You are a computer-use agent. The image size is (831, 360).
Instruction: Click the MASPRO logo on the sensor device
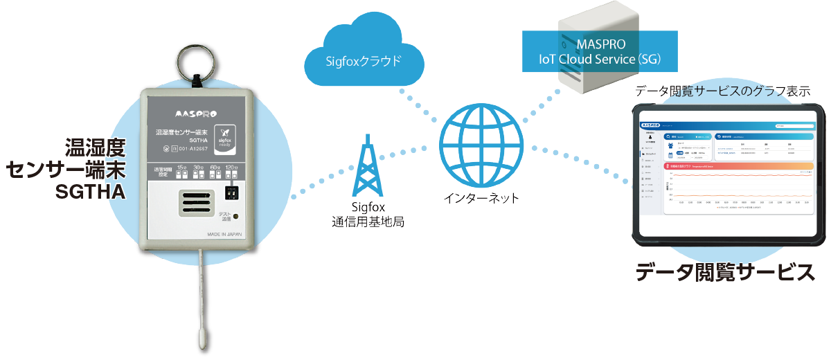pyautogui.click(x=196, y=112)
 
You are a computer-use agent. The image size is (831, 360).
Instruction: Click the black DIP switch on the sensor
pyautogui.click(x=233, y=192)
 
